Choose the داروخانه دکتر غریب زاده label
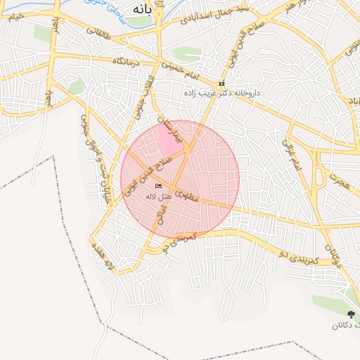click(222, 93)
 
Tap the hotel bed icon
click(158, 186)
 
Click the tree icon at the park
click(351, 314)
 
